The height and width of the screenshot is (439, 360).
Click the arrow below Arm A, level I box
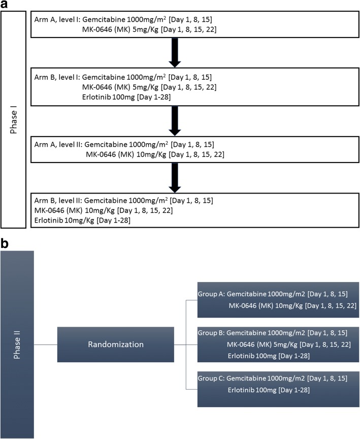click(175, 53)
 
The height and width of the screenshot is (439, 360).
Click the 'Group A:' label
click(211, 294)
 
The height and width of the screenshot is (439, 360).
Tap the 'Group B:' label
click(211, 333)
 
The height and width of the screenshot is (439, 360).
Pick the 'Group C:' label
click(211, 380)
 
